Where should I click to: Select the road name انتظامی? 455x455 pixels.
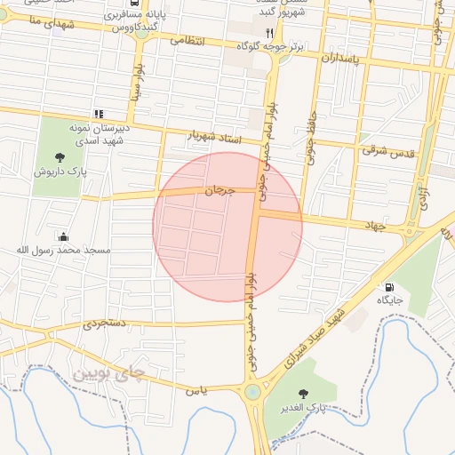187,40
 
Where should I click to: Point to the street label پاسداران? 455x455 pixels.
340,59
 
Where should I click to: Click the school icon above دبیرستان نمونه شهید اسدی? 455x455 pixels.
99,114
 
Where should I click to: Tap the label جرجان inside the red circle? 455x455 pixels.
219,189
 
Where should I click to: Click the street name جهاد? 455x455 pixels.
374,226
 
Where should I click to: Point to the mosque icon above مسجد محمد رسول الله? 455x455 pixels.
64,236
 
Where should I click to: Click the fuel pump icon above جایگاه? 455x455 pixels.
389,287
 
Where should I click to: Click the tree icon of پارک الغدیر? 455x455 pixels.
305,393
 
